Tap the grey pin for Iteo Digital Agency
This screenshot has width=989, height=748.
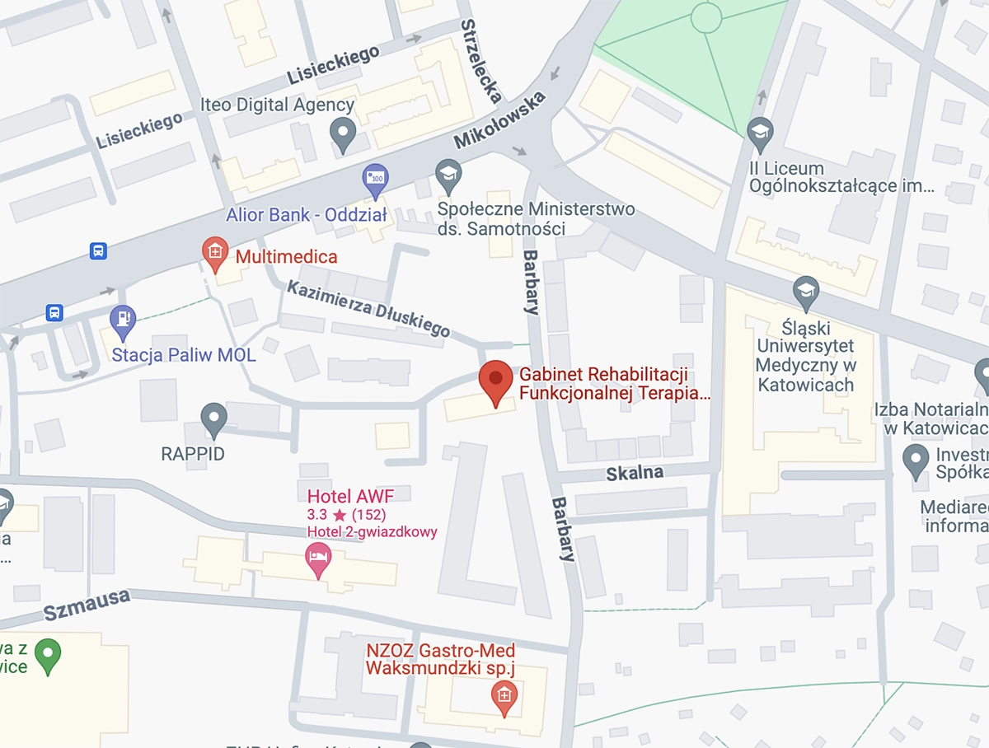click(342, 132)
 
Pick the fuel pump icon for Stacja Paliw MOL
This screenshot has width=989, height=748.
click(123, 320)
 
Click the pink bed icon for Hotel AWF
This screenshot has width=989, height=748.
click(318, 559)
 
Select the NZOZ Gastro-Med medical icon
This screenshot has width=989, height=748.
click(504, 696)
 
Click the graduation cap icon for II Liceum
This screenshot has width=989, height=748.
click(760, 132)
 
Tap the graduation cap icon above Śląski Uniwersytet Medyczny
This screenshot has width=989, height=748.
click(805, 291)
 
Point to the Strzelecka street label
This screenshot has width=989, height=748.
click(481, 61)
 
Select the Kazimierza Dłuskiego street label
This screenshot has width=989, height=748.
click(368, 309)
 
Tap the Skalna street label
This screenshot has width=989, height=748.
click(635, 473)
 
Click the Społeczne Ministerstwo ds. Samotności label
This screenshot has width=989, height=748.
click(536, 219)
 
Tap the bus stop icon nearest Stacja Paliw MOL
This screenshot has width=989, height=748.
click(54, 312)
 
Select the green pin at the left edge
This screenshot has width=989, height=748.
click(48, 654)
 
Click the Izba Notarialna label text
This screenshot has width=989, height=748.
click(931, 419)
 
